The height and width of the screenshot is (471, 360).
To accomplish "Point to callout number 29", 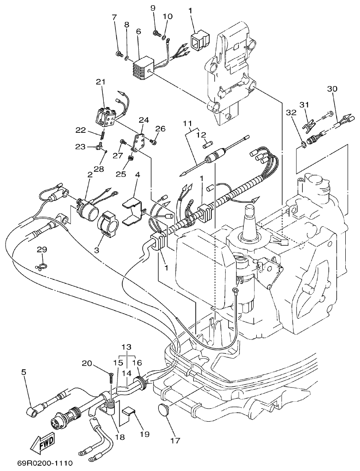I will [x=41, y=250].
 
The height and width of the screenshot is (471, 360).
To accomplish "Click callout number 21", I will [x=100, y=82].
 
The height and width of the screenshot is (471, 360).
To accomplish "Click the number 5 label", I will [x=23, y=372].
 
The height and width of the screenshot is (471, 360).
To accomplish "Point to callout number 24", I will [x=143, y=119].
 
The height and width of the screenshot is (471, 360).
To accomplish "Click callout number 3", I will [x=96, y=250].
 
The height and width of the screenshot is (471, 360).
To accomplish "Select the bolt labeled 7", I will [x=118, y=54].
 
